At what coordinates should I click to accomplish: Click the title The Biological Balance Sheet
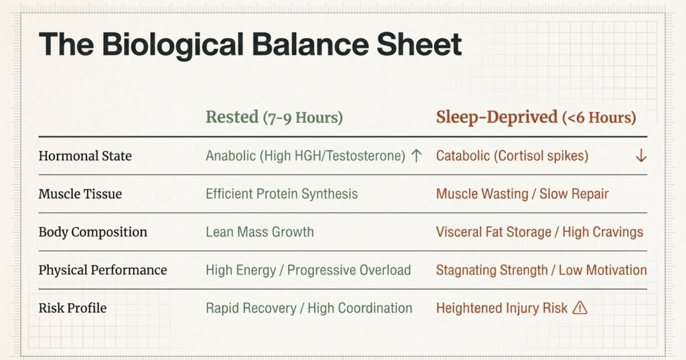click(250, 45)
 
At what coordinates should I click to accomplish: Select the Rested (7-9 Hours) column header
click(274, 117)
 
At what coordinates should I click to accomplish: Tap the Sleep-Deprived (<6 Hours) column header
click(536, 117)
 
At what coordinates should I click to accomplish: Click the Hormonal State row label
click(85, 156)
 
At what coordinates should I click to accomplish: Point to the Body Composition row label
click(92, 233)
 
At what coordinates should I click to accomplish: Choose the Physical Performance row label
click(102, 271)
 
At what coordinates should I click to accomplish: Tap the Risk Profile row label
click(72, 309)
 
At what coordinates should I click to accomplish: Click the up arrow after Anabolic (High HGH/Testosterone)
click(416, 156)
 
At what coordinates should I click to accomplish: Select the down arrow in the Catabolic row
click(640, 156)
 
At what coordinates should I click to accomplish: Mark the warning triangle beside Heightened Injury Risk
click(580, 308)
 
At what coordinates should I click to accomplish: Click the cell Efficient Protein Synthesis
click(281, 194)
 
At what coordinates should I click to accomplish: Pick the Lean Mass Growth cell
click(259, 233)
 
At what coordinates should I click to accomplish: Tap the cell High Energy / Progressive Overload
click(308, 271)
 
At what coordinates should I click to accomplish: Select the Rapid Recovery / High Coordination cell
click(309, 309)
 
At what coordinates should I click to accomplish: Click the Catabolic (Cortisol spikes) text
click(512, 156)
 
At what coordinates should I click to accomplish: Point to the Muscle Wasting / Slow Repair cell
click(522, 194)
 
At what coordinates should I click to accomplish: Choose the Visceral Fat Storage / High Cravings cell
click(539, 233)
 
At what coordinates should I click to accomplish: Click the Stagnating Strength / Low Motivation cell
click(541, 271)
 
